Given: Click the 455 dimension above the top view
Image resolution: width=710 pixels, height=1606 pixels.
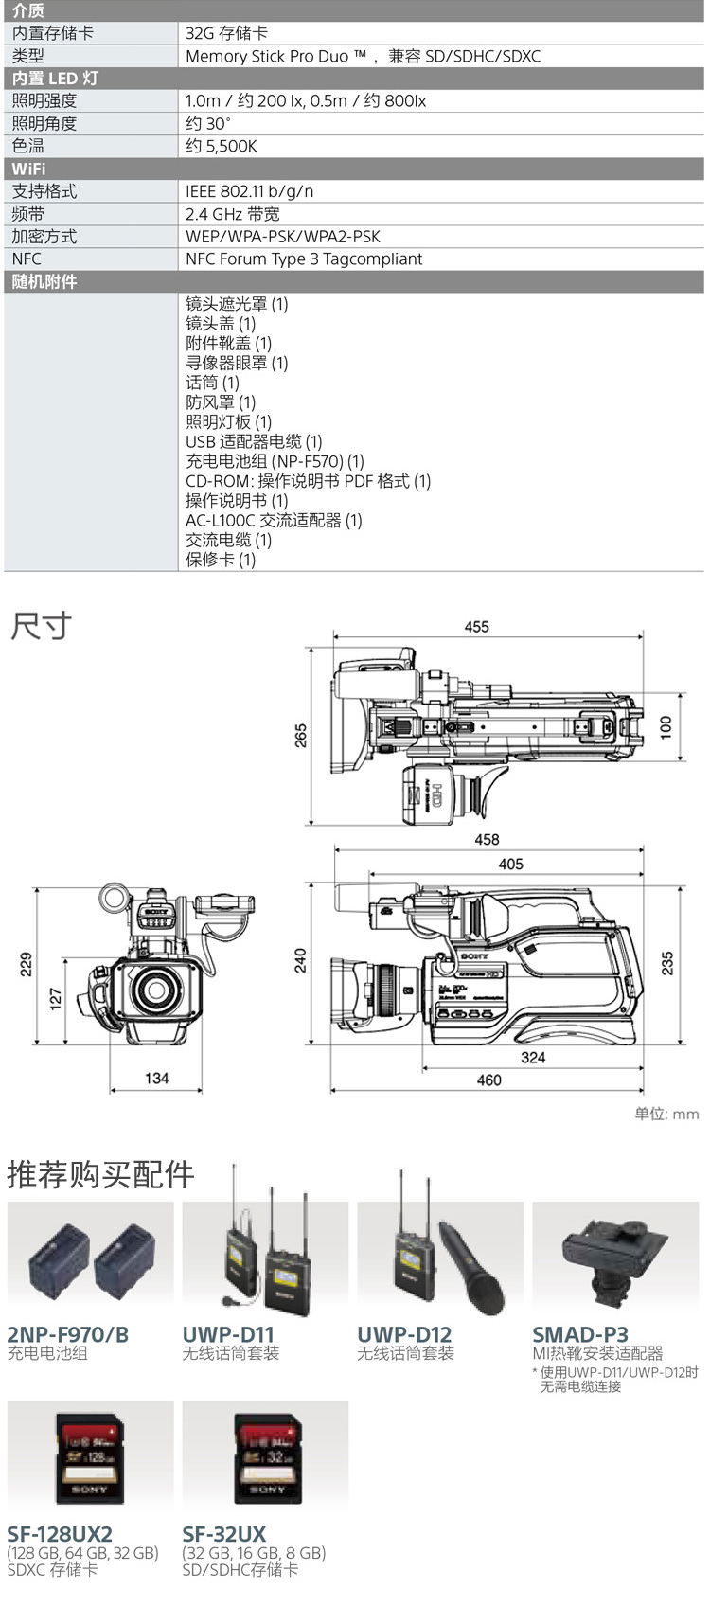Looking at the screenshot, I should [477, 627].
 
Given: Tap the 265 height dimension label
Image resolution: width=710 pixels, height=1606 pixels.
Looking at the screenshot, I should [301, 736].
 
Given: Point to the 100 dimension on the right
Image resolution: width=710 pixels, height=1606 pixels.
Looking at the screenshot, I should [666, 727].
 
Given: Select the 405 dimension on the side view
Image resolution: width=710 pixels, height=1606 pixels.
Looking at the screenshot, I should [510, 864].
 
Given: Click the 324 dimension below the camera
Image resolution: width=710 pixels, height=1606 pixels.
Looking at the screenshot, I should [533, 1057].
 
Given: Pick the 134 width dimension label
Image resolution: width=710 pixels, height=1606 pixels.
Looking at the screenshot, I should [157, 1078].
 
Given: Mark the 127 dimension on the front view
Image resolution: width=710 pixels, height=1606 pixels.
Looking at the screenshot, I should [55, 998].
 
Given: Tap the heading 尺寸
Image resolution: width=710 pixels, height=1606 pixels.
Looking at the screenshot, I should [41, 626].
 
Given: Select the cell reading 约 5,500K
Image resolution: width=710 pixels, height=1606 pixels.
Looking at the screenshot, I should [222, 146].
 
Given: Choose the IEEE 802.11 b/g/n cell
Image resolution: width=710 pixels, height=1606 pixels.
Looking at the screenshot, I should [250, 191].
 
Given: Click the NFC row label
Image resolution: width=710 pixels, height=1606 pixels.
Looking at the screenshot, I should [27, 259].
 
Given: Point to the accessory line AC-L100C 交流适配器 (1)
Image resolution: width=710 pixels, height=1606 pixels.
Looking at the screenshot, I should [274, 520].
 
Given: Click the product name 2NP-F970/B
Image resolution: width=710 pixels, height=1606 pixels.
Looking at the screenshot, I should [68, 1335].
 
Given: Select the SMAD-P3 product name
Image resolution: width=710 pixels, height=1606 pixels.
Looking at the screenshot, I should [580, 1335].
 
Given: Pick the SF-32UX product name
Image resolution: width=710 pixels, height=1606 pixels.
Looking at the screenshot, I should [224, 1534].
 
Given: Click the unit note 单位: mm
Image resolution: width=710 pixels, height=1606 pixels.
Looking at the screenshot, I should [666, 1114].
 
